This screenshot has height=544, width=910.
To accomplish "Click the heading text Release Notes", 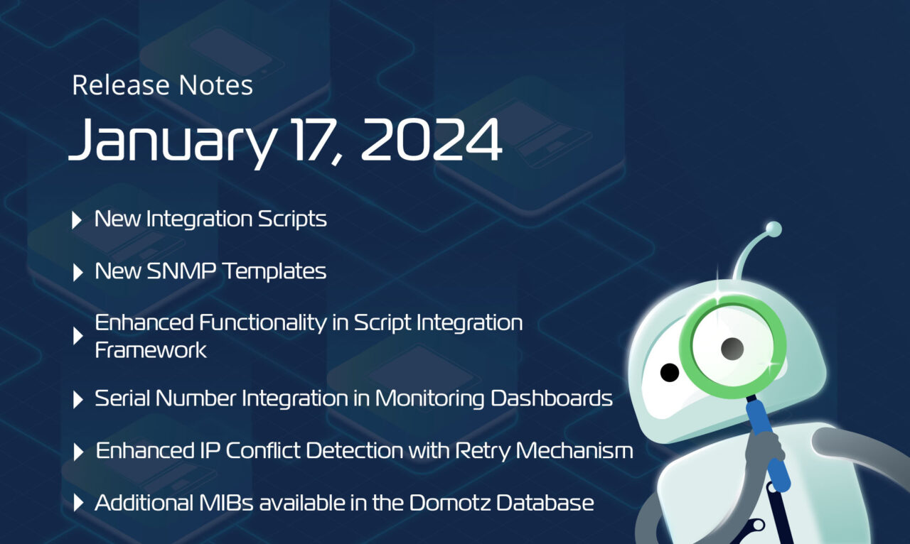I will [x=162, y=86].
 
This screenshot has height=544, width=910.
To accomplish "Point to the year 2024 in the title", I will [x=431, y=138].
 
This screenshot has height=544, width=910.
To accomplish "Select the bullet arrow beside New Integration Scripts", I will [x=77, y=220].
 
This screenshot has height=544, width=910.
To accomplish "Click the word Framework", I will [x=151, y=350].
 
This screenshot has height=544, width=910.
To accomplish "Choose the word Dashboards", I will [x=552, y=398].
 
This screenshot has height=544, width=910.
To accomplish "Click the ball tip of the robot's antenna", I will [x=773, y=229].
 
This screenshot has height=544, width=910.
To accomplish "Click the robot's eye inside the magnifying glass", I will [x=732, y=348].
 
